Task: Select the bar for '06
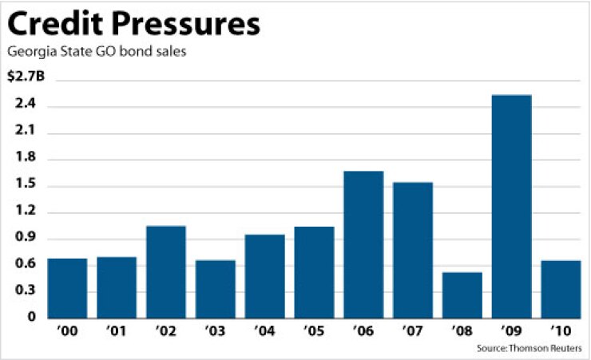pyautogui.click(x=363, y=244)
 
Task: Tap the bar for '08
pyautogui.click(x=462, y=295)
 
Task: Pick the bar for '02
pyautogui.click(x=166, y=271)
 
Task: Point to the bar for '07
pyautogui.click(x=413, y=250)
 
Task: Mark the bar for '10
pyautogui.click(x=561, y=289)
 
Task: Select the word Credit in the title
pyautogui.click(x=50, y=24)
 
